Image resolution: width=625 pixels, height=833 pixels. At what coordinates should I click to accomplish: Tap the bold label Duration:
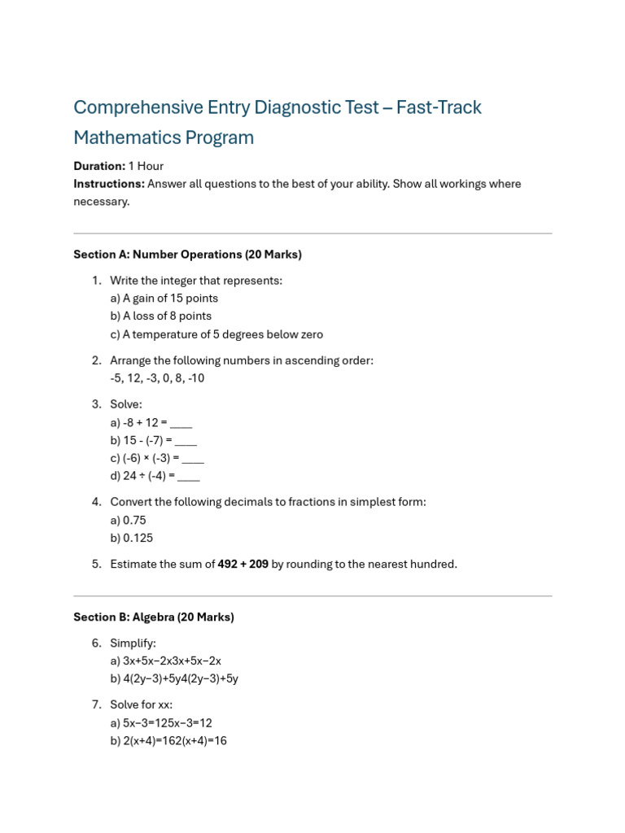click(x=99, y=166)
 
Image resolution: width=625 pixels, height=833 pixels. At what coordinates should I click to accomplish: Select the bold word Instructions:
click(x=109, y=184)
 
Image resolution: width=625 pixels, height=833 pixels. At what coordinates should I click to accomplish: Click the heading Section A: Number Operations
click(x=187, y=255)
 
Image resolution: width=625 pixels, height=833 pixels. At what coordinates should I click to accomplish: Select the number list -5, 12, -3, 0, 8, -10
click(x=157, y=378)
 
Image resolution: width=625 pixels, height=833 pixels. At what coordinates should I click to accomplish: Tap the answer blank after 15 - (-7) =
click(x=186, y=441)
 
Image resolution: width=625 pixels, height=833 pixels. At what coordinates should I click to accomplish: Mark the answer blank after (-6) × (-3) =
click(x=192, y=459)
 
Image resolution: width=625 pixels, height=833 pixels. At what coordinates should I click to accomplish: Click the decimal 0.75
click(x=134, y=521)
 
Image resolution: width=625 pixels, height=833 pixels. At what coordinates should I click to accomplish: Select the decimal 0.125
click(x=138, y=539)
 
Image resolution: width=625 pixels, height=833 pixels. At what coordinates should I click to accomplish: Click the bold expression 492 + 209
click(x=243, y=565)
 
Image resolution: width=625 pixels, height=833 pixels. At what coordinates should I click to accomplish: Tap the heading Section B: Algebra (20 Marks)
click(x=154, y=617)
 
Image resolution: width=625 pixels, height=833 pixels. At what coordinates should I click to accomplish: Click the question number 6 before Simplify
click(x=96, y=643)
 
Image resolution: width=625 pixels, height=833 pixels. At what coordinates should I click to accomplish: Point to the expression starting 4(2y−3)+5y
click(x=174, y=679)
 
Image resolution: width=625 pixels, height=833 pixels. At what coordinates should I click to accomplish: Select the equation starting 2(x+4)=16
click(x=168, y=741)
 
